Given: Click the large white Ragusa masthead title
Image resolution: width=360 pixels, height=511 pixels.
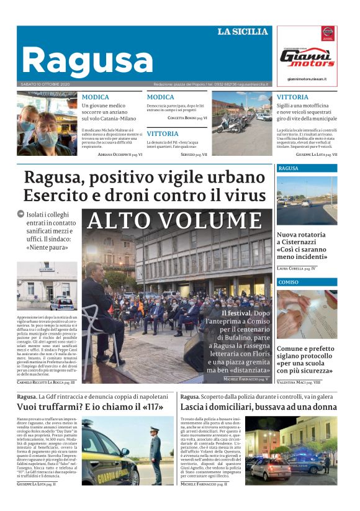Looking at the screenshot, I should [x=87, y=60].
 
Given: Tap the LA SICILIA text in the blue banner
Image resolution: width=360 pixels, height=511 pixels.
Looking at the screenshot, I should [x=243, y=32].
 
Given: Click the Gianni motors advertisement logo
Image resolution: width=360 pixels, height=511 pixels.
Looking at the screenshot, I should [x=306, y=57].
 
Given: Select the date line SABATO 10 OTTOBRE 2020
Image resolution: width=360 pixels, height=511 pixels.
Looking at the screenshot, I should [x=45, y=84].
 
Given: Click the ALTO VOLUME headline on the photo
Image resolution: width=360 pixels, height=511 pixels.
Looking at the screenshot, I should [x=174, y=220].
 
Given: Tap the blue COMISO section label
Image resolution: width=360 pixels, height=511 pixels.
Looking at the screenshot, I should [x=288, y=282].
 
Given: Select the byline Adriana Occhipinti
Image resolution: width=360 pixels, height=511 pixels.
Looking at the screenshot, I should [x=117, y=154].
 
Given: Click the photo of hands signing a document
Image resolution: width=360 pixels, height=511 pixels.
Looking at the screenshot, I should [x=307, y=314].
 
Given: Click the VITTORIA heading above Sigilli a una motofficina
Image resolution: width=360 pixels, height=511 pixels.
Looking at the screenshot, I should [x=292, y=97].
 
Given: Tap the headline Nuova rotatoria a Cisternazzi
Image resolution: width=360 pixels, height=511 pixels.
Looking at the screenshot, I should [x=302, y=246].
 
